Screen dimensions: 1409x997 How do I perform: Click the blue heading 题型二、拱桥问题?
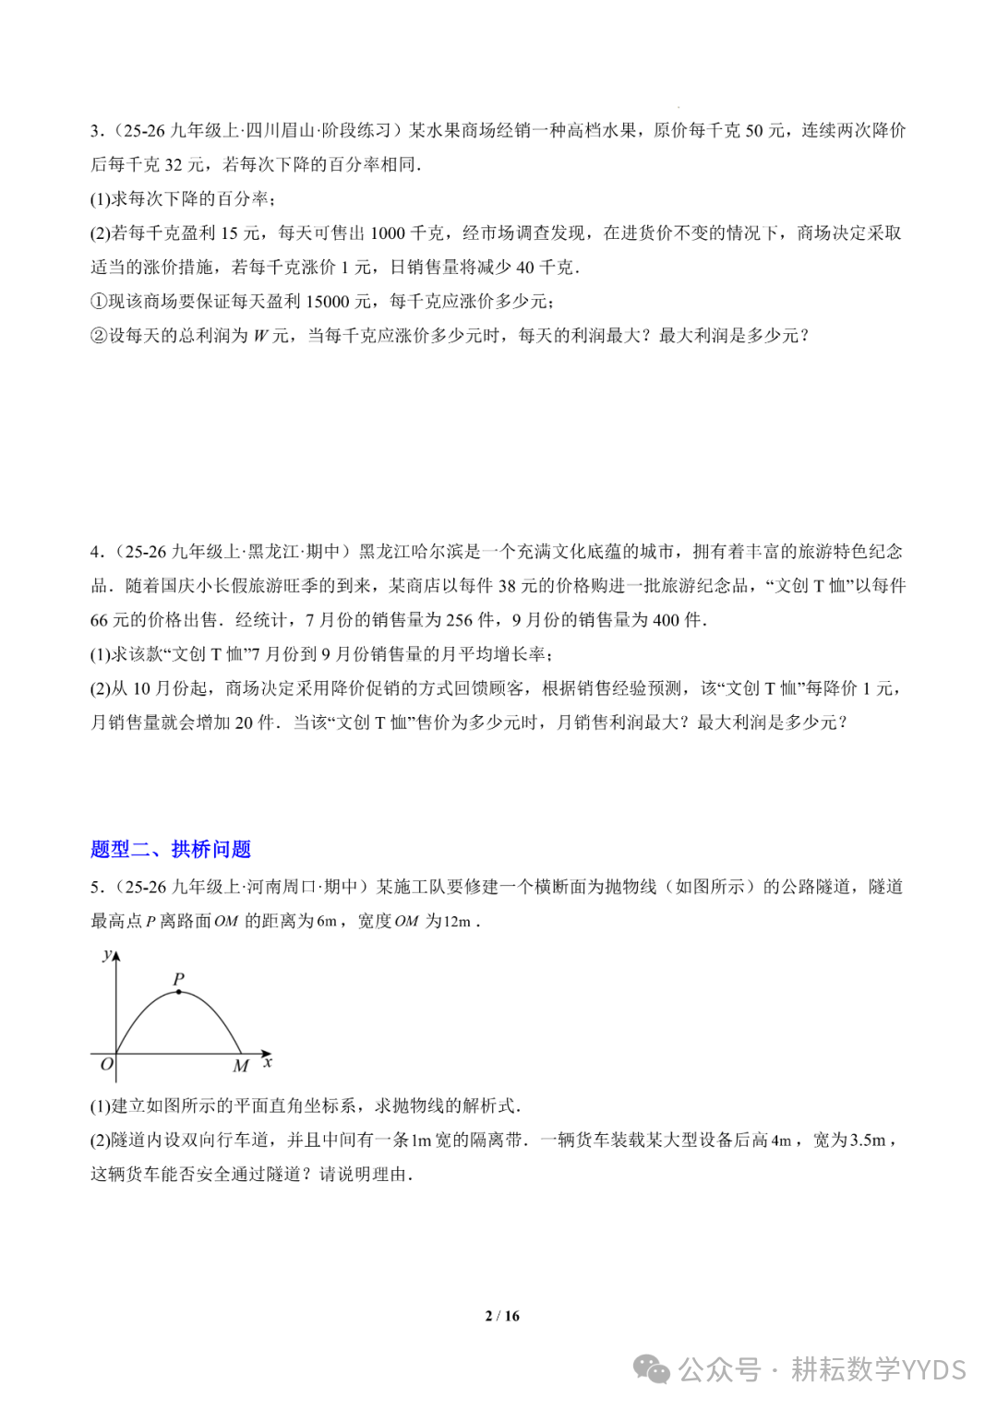(x=171, y=849)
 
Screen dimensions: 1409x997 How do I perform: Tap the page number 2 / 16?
(x=502, y=1316)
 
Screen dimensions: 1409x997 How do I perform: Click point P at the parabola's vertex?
(x=178, y=992)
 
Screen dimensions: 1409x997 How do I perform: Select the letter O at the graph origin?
(x=106, y=1065)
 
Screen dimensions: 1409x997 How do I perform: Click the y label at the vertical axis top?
(x=107, y=954)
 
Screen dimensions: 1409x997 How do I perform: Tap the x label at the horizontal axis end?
(x=268, y=1063)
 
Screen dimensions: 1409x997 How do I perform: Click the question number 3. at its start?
(x=97, y=131)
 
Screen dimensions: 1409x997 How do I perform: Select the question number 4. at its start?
(x=97, y=552)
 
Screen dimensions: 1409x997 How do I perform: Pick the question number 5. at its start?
(x=97, y=887)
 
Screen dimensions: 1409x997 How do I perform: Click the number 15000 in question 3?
(x=327, y=302)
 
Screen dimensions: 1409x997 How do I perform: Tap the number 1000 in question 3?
(x=388, y=233)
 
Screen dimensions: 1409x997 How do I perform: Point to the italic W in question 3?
(x=260, y=336)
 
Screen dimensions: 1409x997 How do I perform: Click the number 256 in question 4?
(x=459, y=620)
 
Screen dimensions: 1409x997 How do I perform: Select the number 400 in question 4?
(x=666, y=620)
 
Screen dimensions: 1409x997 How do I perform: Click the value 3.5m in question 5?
(x=868, y=1140)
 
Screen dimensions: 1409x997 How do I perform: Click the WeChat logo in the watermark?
(x=652, y=1369)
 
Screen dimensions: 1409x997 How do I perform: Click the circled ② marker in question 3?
(x=99, y=336)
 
